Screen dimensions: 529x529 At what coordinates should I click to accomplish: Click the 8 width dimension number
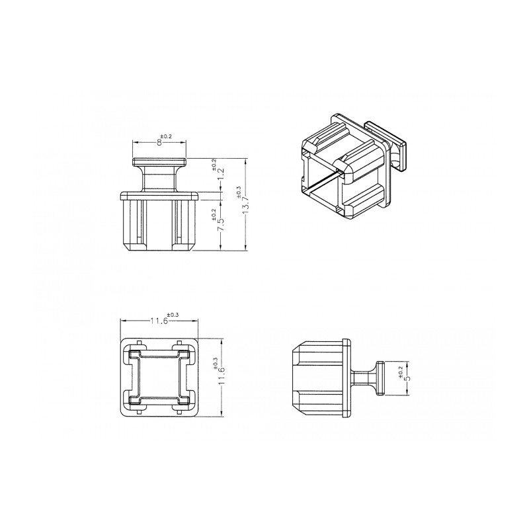pyautogui.click(x=159, y=142)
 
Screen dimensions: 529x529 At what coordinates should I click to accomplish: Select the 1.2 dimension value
pyautogui.click(x=222, y=175)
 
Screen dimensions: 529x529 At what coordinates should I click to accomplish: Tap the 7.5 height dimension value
pyautogui.click(x=222, y=225)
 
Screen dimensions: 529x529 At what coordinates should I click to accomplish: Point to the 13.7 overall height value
pyautogui.click(x=245, y=203)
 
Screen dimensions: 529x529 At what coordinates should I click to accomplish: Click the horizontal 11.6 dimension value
pyautogui.click(x=159, y=321)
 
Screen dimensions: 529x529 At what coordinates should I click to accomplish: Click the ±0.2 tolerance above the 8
pyautogui.click(x=167, y=136)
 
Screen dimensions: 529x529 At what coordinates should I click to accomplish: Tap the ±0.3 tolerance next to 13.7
pyautogui.click(x=239, y=191)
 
